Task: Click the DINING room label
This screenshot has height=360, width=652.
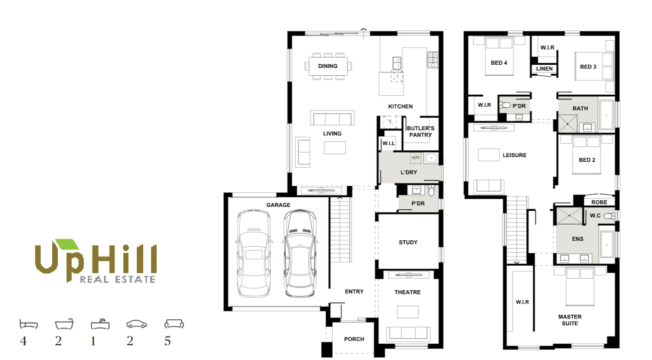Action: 328,66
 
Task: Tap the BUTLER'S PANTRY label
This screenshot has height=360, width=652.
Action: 420,132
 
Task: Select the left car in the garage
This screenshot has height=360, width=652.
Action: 253,254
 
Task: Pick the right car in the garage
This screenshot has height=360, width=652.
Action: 299,254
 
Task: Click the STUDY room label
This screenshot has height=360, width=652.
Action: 408,242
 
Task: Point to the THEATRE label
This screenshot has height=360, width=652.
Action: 408,292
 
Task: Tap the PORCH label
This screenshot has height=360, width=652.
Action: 354,339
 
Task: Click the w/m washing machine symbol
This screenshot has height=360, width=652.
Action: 415,158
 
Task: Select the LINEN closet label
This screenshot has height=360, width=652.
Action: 544,69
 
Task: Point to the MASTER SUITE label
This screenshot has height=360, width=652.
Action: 570,320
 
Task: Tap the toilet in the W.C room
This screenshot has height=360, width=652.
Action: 609,216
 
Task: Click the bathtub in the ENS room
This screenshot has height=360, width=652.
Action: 606,244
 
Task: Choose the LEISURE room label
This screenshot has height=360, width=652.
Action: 514,155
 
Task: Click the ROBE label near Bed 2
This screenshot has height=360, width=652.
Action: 599,202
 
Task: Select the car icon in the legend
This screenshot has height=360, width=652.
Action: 136,324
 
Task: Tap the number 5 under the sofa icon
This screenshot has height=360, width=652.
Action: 167,341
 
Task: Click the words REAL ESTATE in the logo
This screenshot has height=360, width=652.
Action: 117,279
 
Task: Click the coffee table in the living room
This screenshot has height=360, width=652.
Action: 335,147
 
